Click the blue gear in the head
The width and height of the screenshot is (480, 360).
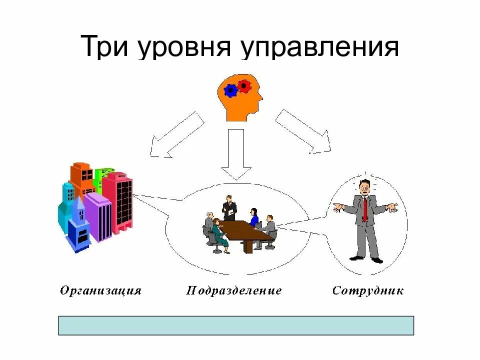point(230,90)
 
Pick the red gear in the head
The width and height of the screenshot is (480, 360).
point(244,85)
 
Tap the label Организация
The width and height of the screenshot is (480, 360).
point(100,290)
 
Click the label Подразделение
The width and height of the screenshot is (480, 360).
point(234,290)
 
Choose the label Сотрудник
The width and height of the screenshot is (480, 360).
point(367,290)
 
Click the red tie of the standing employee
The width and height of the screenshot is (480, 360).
point(365,208)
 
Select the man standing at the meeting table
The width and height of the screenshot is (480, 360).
point(229,207)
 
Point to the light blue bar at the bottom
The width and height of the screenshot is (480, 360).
point(236,325)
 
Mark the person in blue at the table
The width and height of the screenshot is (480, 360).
point(253,218)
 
